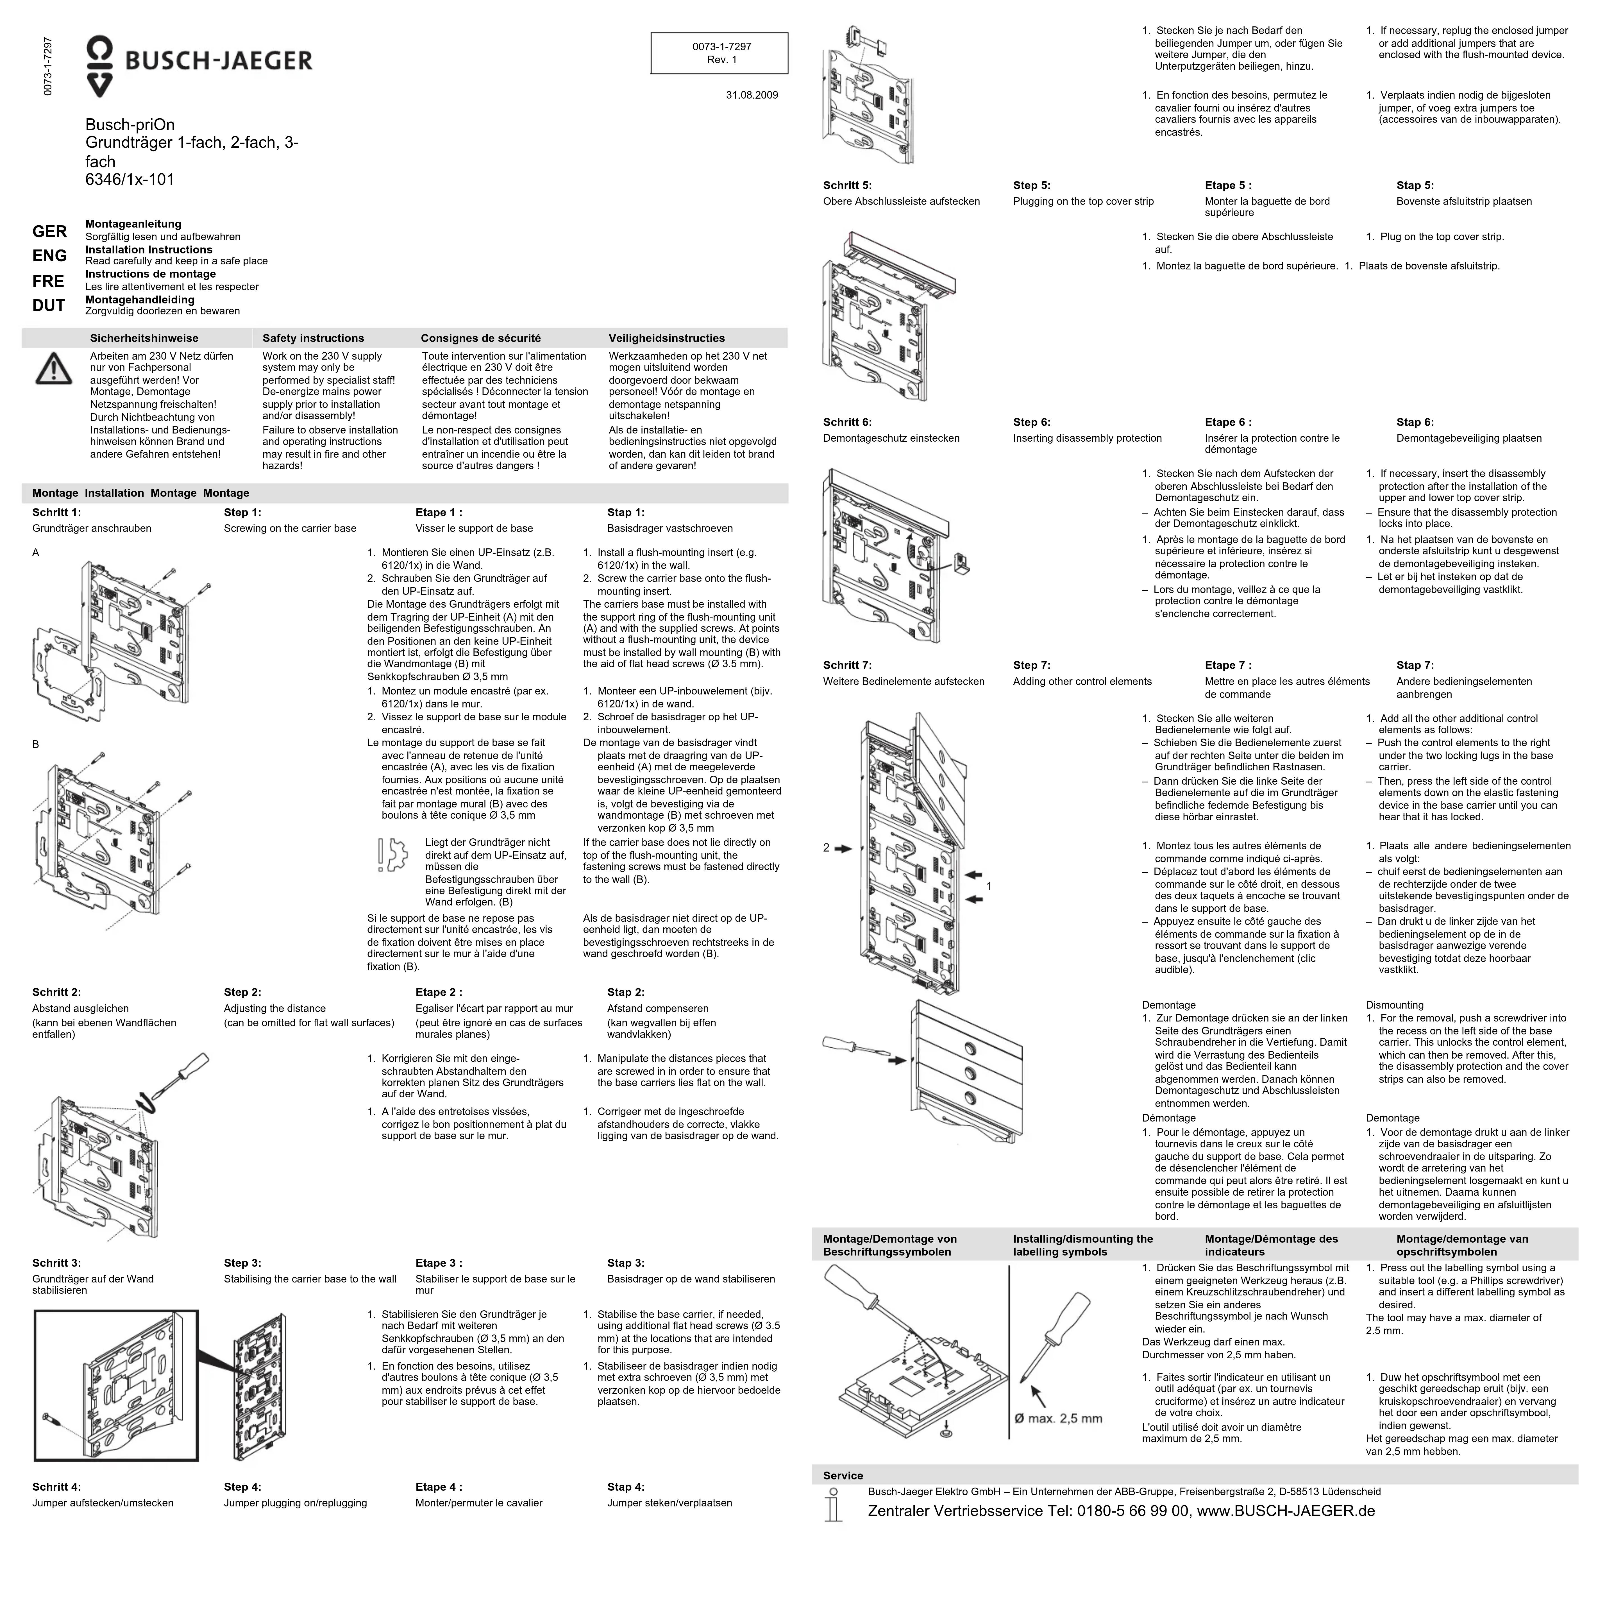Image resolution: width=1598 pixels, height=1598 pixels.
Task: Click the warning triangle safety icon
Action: pos(53,369)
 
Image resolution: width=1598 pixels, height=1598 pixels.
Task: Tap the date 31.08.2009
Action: pos(751,95)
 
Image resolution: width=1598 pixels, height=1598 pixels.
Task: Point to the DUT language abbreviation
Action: pos(49,306)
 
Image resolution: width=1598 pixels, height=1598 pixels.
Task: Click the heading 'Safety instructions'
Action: pos(313,338)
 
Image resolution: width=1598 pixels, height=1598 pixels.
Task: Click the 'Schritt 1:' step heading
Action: pos(56,513)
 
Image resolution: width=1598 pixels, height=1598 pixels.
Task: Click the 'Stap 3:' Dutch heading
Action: pos(625,1263)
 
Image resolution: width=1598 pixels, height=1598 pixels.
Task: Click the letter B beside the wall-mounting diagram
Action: pos(36,744)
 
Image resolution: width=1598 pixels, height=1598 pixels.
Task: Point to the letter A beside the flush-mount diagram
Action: pos(36,553)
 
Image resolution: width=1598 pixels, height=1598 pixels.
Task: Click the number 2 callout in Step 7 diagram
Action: pos(825,848)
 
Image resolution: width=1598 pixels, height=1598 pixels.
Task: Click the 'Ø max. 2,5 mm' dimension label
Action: pos(1059,1418)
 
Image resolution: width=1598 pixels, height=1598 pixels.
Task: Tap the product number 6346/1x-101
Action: pos(130,180)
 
